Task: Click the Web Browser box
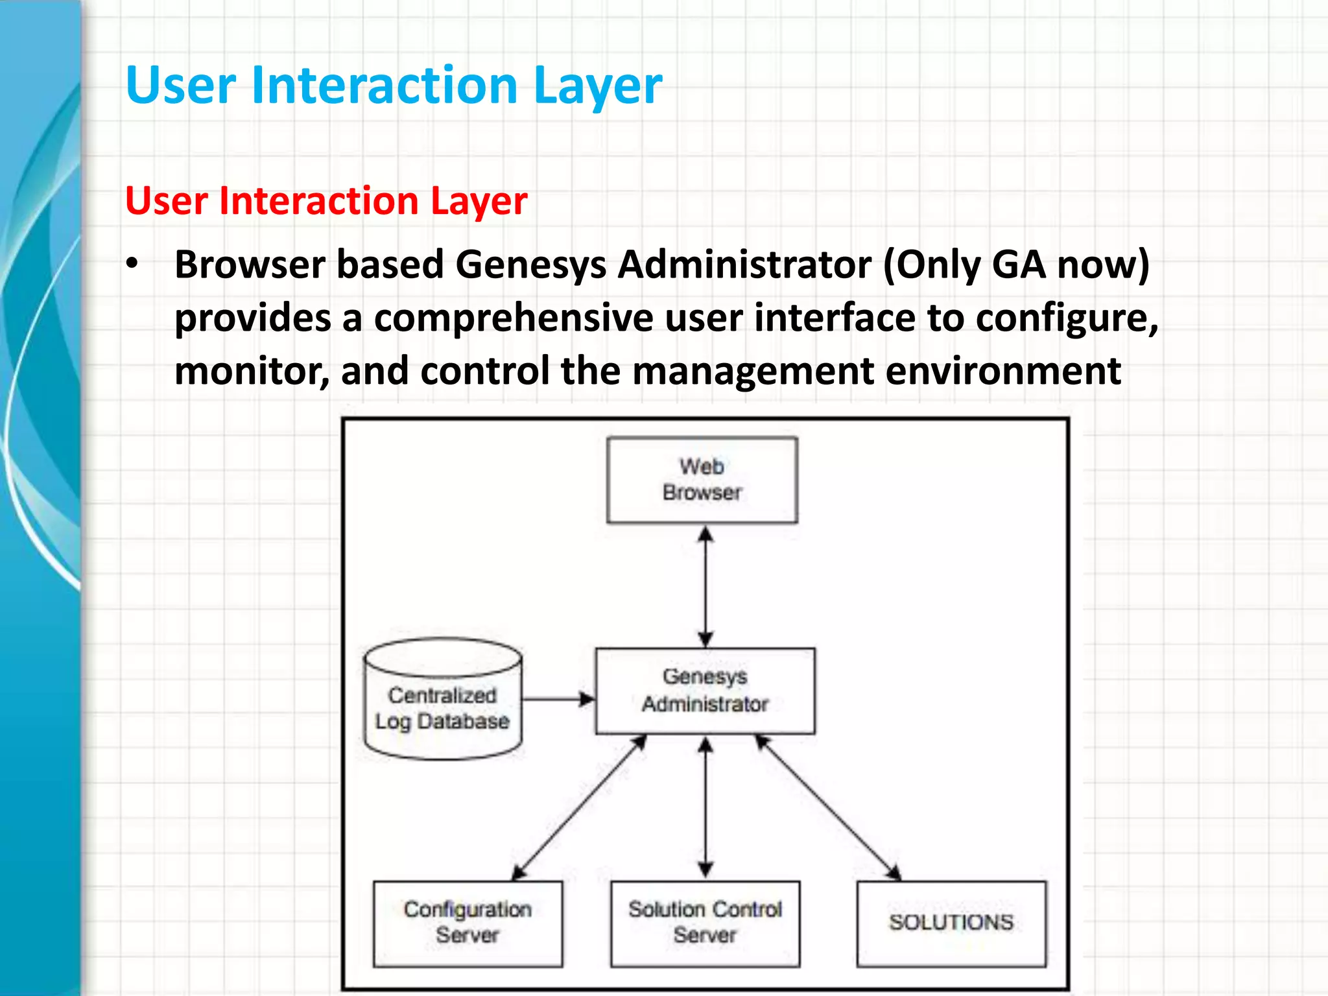702,480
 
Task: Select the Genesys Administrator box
705,691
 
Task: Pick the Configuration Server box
468,923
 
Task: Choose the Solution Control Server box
705,923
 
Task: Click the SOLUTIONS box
951,923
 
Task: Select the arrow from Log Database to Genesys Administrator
558,699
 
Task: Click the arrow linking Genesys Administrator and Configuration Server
580,807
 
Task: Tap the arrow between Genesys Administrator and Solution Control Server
705,807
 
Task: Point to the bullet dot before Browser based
132,264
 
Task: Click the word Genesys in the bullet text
531,265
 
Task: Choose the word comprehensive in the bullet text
514,318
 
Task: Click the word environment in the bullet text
1003,371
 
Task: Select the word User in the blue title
181,86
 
